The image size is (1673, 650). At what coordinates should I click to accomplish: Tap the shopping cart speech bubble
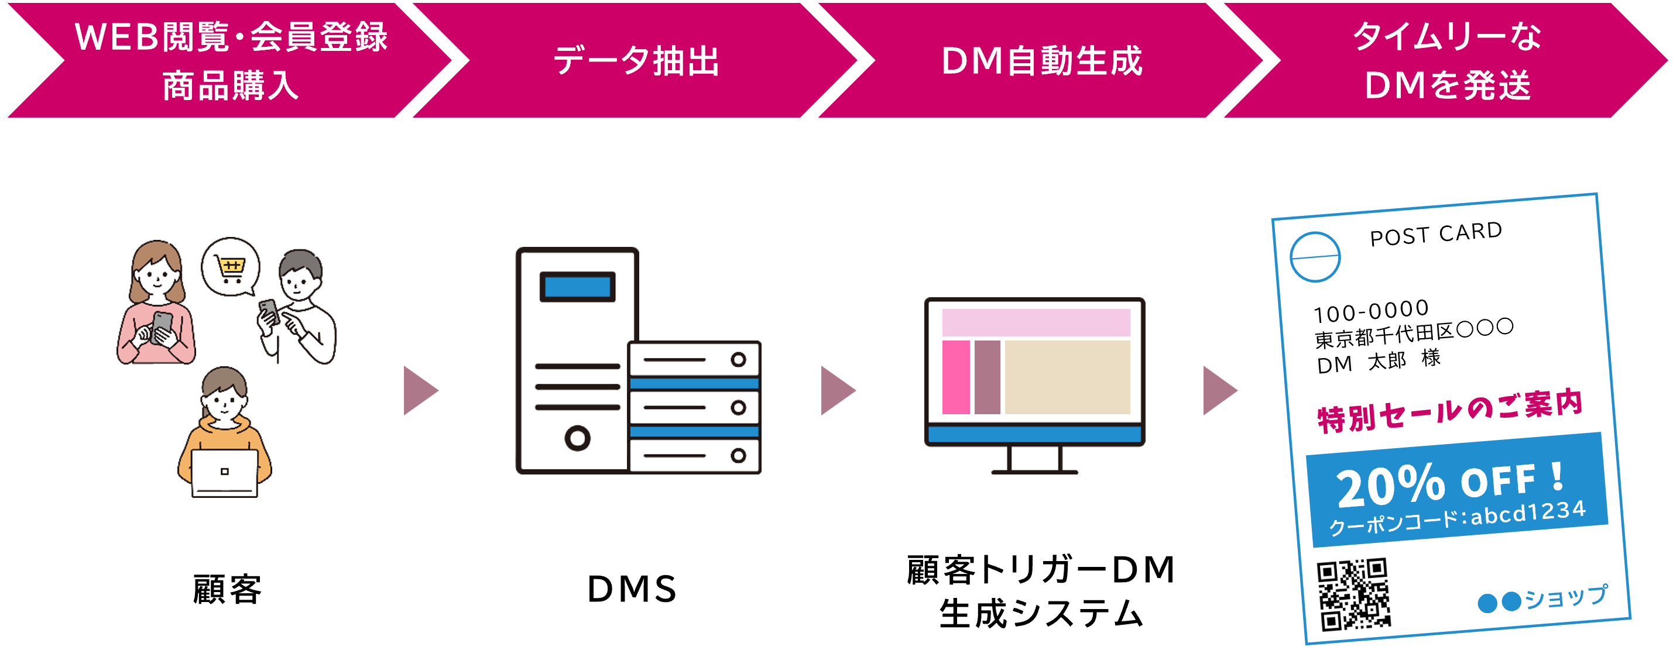[x=231, y=267]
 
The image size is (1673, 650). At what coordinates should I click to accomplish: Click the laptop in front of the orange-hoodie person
[x=224, y=472]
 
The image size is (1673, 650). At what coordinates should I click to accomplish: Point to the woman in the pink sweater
[x=156, y=305]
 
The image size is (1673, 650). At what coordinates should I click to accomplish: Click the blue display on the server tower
[x=577, y=286]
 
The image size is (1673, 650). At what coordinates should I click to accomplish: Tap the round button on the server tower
[x=577, y=438]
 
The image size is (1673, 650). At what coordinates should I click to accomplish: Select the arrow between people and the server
[x=420, y=390]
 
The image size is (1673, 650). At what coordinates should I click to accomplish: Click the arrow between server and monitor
[x=837, y=390]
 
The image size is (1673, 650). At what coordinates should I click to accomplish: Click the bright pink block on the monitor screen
[x=955, y=377]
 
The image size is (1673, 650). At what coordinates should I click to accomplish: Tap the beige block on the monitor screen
[x=1067, y=377]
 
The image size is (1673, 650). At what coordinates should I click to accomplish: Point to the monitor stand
[x=1034, y=460]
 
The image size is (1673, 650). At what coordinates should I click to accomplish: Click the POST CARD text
[x=1436, y=234]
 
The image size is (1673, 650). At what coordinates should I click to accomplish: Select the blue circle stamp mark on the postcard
[x=1315, y=257]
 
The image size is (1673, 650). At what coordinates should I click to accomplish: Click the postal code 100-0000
[x=1371, y=311]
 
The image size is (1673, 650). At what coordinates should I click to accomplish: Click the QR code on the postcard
[x=1353, y=594]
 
